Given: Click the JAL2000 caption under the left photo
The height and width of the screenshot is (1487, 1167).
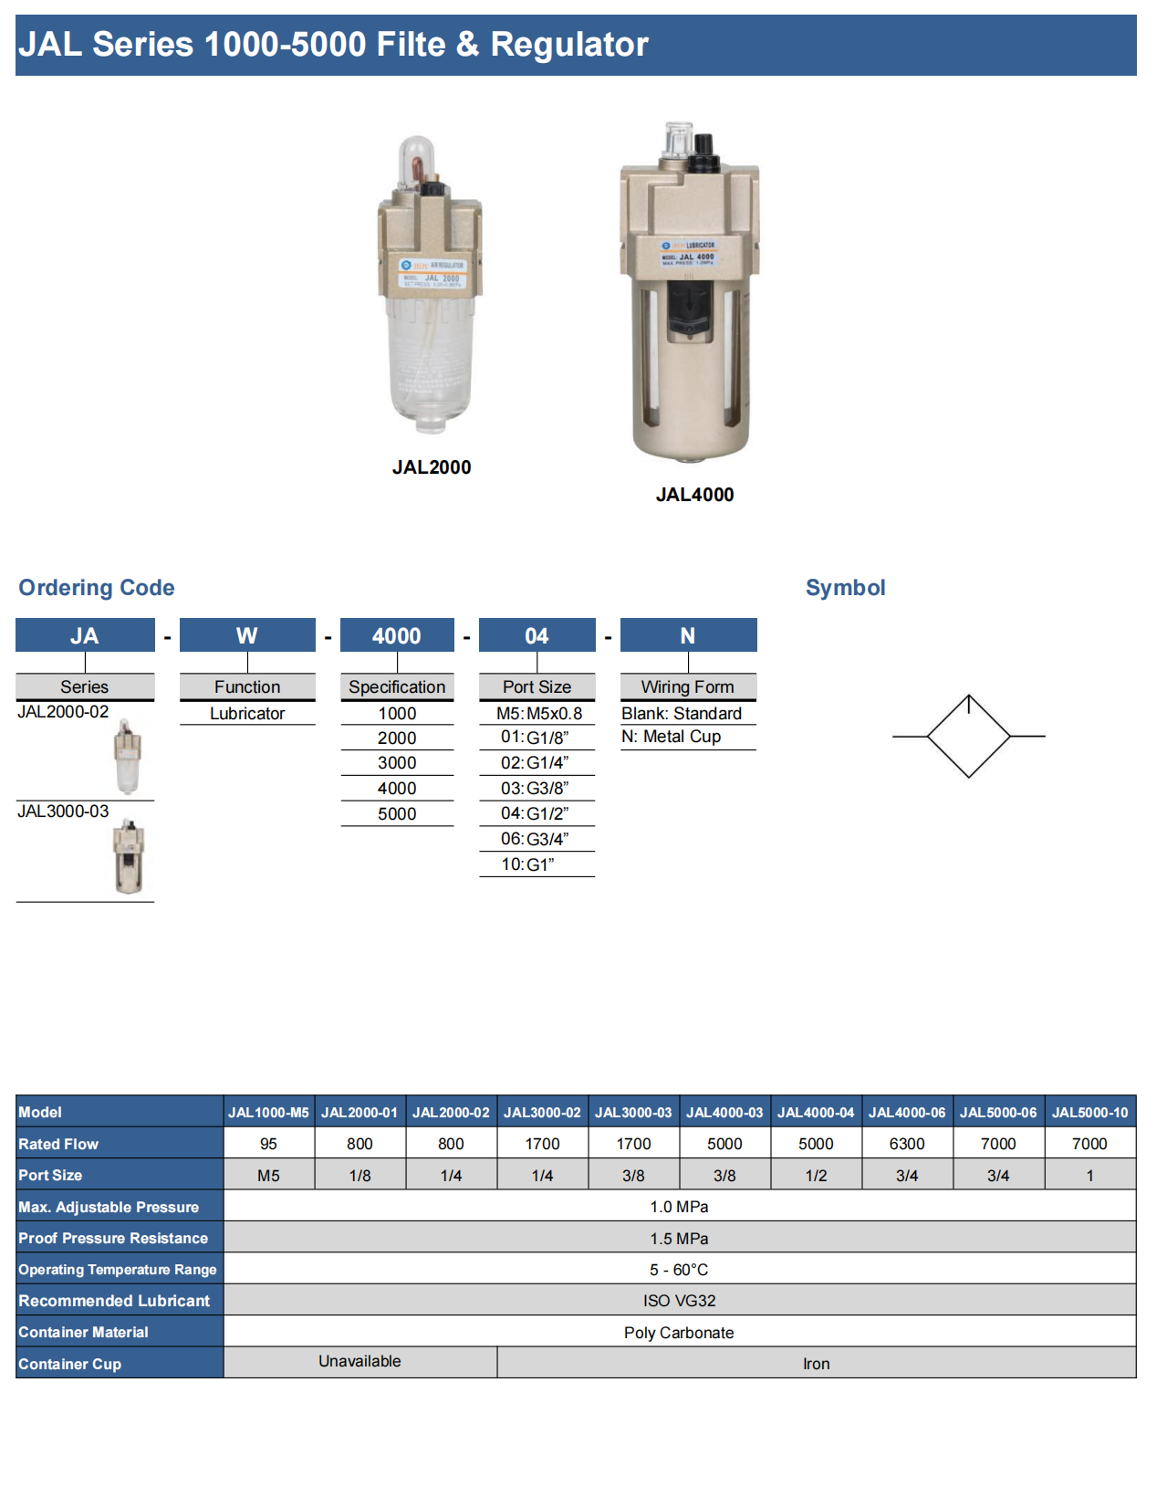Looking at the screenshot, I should click(x=432, y=467).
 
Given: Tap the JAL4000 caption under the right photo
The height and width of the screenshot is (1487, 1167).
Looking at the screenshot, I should click(x=694, y=495).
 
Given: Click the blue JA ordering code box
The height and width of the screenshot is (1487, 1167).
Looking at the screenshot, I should click(x=85, y=635).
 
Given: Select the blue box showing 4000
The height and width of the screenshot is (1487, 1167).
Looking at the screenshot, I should click(x=397, y=635).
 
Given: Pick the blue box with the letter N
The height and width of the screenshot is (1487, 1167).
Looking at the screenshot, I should click(x=688, y=635).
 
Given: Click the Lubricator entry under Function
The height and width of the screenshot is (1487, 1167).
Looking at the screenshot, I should click(x=247, y=714).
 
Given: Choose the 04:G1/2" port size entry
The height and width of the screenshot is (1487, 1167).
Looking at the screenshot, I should click(x=536, y=813).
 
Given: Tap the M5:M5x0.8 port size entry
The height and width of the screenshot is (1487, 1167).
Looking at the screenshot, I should click(x=538, y=714).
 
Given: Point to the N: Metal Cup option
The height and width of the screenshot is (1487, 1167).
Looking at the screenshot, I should click(x=672, y=737).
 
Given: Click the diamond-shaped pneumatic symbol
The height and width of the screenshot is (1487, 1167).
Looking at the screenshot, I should click(x=969, y=737).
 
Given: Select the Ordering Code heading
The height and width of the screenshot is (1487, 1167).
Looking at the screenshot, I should click(x=97, y=588).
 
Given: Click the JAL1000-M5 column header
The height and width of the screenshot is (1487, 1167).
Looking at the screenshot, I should click(x=268, y=1113).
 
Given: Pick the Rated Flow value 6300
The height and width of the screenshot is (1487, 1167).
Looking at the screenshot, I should click(x=907, y=1144).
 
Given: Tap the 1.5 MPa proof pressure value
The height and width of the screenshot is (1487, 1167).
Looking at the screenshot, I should click(x=679, y=1239).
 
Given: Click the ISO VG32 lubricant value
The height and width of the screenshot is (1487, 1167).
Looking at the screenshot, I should click(x=679, y=1301).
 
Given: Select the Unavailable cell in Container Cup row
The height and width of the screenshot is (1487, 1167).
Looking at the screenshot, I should click(x=359, y=1362).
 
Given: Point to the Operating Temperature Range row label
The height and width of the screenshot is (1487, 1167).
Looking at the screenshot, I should click(x=118, y=1270).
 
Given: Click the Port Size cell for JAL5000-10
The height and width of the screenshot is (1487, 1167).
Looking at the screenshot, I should click(x=1089, y=1176).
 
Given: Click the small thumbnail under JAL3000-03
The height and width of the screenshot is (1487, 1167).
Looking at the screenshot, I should click(x=129, y=856).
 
